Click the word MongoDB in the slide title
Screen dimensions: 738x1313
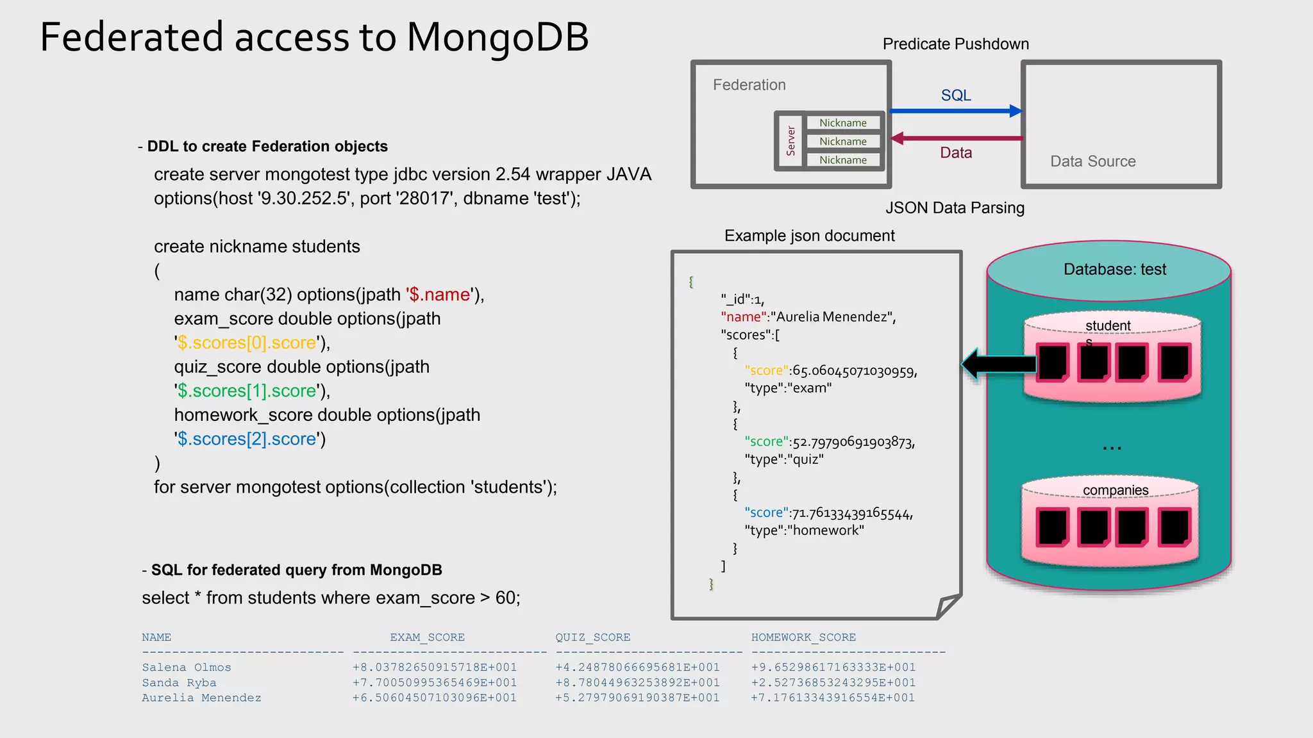498,37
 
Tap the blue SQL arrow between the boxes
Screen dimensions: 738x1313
955,111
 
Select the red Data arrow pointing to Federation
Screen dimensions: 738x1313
955,138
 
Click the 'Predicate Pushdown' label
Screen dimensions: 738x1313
955,44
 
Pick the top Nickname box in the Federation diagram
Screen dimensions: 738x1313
842,122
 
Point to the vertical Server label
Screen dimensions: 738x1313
790,141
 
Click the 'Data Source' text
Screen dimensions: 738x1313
1092,161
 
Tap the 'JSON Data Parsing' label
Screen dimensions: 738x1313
955,208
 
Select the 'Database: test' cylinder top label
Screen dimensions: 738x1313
1114,269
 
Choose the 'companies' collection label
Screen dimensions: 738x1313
1115,490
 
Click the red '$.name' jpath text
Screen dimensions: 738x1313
440,295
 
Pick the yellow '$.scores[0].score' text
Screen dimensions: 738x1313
247,343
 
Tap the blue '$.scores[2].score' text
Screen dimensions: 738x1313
247,439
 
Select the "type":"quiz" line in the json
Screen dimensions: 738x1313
783,459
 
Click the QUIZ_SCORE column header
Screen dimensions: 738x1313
592,637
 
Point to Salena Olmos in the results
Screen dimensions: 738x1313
187,668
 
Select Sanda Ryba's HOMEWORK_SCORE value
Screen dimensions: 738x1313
833,683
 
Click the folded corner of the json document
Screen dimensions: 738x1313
948,605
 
